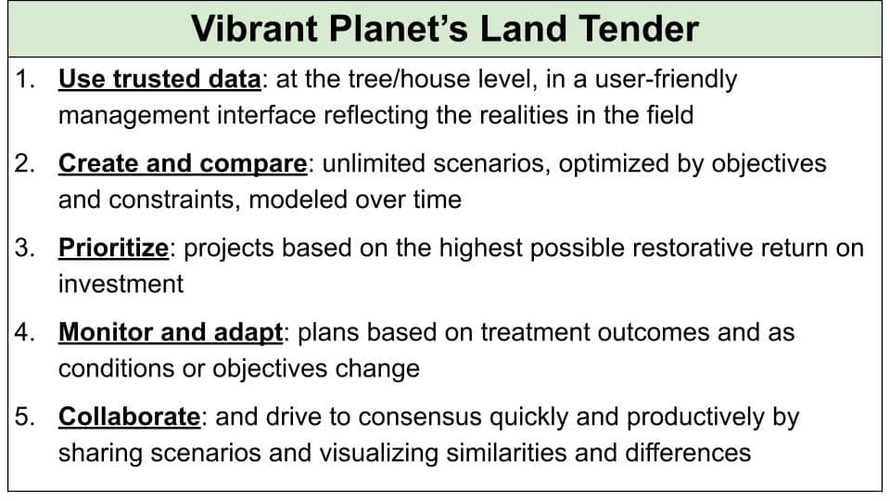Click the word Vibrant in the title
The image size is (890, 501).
(x=255, y=29)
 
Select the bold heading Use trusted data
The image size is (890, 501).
(x=159, y=80)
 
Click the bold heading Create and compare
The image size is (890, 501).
(x=183, y=164)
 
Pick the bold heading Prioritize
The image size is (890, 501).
(x=113, y=249)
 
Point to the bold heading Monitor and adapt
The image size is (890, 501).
(x=171, y=333)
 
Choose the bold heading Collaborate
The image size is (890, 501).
(x=130, y=417)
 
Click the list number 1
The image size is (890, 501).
(x=24, y=80)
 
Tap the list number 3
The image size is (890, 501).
(x=24, y=249)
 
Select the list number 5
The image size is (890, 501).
(x=24, y=417)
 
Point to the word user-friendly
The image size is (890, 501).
(x=666, y=80)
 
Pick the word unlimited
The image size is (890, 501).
(x=374, y=163)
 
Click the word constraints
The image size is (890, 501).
(x=174, y=200)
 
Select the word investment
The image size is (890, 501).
(x=121, y=284)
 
